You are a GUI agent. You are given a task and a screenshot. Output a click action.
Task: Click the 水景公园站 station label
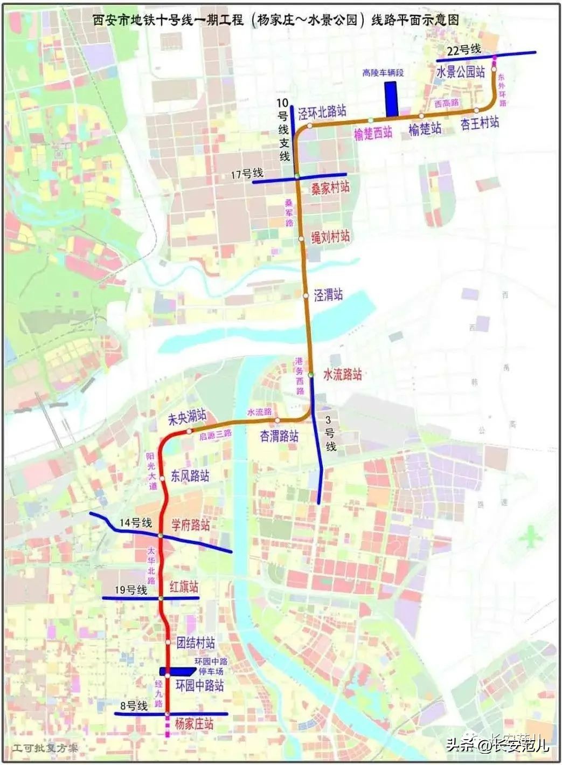[x=460, y=72]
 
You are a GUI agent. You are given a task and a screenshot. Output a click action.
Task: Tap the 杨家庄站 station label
[x=194, y=723]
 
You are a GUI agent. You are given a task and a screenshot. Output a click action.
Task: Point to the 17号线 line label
[x=246, y=174]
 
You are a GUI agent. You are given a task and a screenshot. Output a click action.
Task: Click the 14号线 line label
[x=136, y=522]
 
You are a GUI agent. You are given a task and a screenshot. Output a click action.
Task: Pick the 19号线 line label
[x=130, y=590]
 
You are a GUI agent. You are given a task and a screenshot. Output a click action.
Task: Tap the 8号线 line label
[x=134, y=706]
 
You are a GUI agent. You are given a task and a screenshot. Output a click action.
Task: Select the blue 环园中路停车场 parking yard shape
[x=177, y=671]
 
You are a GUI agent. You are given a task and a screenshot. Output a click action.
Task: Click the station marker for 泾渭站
[x=306, y=296]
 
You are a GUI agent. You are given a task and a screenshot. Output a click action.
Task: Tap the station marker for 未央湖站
[x=189, y=431]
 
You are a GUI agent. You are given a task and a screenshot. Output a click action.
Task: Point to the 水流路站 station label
[x=342, y=374]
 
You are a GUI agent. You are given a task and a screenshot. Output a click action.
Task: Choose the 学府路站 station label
[x=191, y=525]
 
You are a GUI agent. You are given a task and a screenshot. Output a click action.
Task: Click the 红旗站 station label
[x=184, y=587]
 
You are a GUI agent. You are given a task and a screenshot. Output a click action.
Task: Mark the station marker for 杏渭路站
[x=277, y=420]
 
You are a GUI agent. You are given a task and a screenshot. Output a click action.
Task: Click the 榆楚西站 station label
[x=373, y=133]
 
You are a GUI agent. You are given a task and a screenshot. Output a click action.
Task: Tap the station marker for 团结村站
[x=167, y=643]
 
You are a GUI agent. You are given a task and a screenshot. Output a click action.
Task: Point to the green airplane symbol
[x=532, y=536]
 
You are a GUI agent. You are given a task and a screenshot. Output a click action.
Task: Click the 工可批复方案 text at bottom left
[x=46, y=748]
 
